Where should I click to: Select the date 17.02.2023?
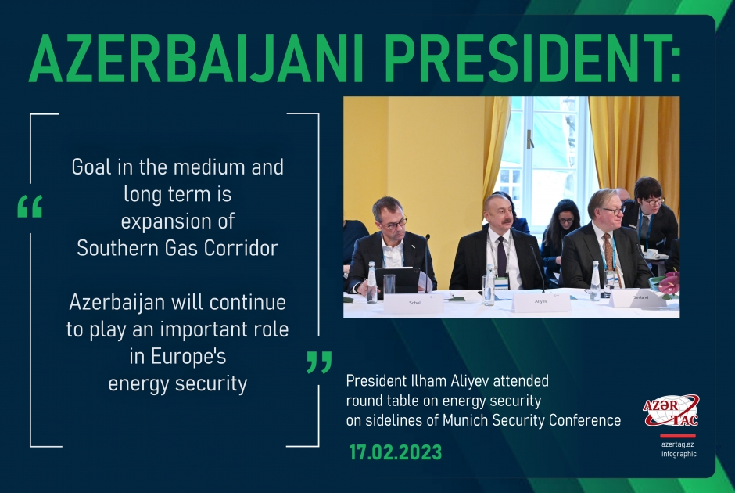(x=395, y=452)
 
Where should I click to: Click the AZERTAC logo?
(x=670, y=411)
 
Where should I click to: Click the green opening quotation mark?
(x=29, y=207)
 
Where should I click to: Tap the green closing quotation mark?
(x=319, y=362)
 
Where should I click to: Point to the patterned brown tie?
(x=608, y=254)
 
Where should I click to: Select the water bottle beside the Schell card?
(x=371, y=283)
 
